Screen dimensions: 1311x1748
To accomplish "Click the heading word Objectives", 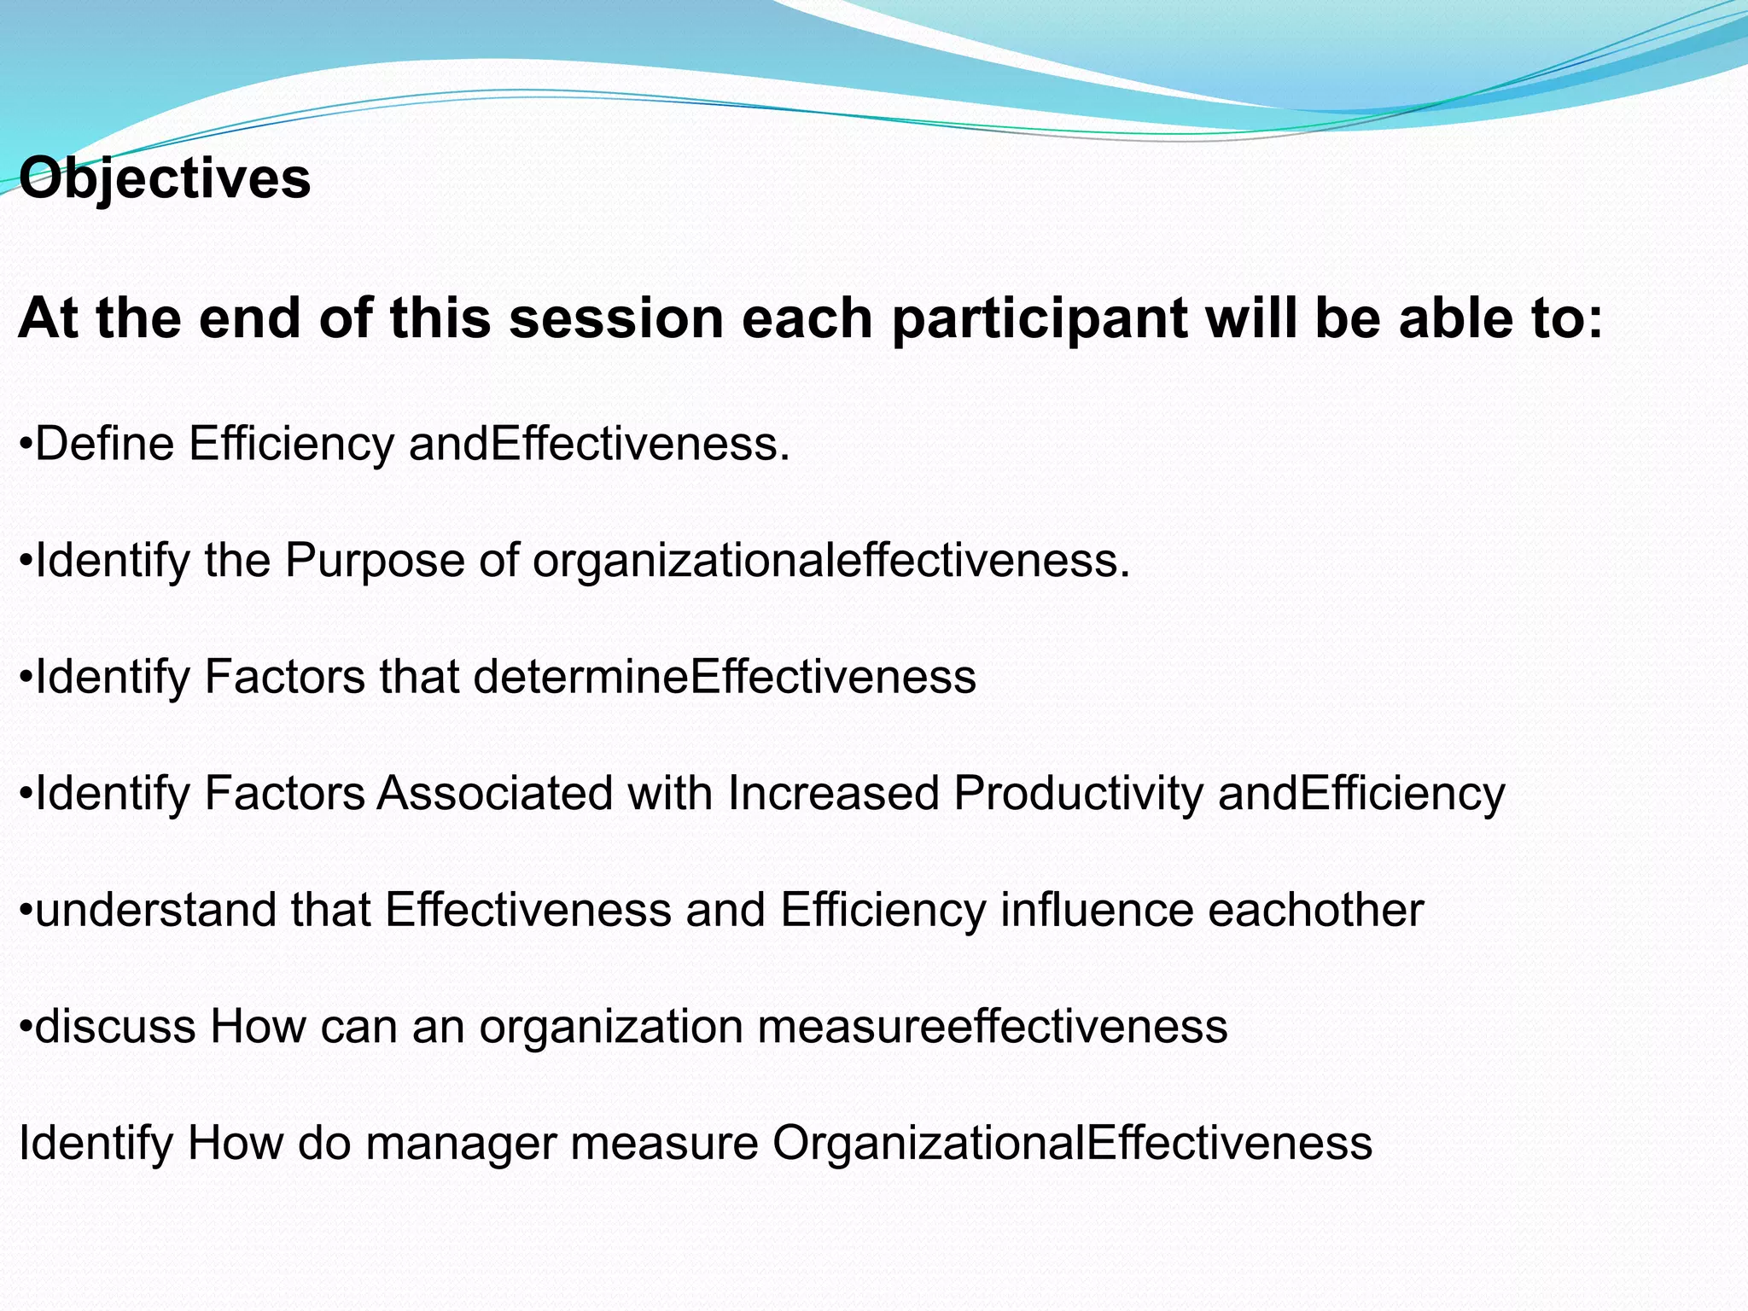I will tap(165, 178).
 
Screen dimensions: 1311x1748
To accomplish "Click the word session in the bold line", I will tap(616, 318).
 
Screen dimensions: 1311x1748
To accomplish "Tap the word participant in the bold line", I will tap(1040, 318).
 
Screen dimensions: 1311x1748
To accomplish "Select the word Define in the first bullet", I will tap(104, 444).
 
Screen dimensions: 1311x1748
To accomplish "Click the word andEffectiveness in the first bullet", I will tap(599, 444).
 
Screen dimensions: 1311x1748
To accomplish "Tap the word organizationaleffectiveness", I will tap(831, 561).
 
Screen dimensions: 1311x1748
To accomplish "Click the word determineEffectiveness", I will tap(725, 677).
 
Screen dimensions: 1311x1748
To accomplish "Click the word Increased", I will tap(833, 793).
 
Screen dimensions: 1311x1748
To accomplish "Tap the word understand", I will tap(155, 910).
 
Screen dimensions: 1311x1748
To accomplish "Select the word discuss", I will tap(116, 1026).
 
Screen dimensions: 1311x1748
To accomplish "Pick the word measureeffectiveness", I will tap(992, 1026).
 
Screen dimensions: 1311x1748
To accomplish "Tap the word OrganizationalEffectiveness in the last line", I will tap(1072, 1143).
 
